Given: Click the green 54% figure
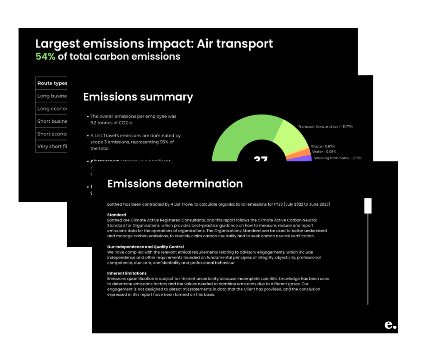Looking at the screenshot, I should pos(45,57).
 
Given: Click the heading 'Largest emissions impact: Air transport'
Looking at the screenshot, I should pos(154,44).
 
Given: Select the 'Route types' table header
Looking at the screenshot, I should pos(52,83).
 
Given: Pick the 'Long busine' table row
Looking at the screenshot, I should pos(52,96).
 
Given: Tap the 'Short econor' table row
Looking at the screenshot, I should pos(52,134).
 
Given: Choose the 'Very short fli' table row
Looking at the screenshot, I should pos(52,147).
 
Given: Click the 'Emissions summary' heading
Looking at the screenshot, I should pos(138,97).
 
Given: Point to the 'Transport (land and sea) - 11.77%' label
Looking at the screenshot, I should pos(325,126).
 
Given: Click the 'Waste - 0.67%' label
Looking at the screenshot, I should pos(323,146).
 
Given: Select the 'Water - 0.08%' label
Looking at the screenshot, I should pos(324,152).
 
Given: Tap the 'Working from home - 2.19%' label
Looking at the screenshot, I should pos(338,158).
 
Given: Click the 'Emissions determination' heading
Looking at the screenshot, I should pos(175,184).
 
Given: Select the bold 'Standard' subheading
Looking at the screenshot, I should pos(117,215).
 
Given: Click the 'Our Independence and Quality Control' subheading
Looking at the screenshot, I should pos(145,247).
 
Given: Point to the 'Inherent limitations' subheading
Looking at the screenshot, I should pos(127,273).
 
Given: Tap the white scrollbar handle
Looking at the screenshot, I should pos(368,205).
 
